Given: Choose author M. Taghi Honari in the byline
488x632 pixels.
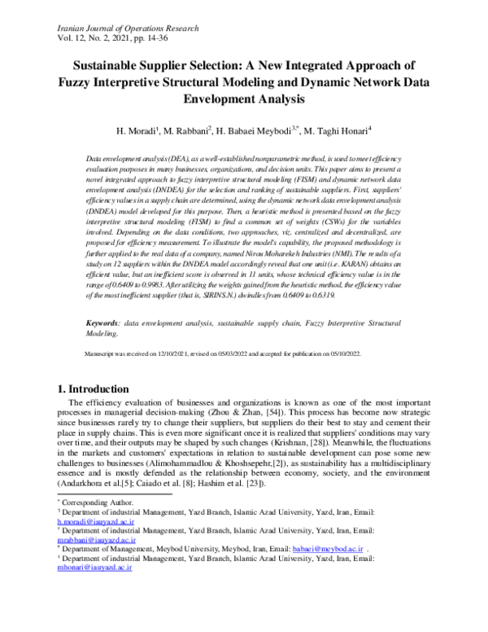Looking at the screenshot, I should coord(333,129).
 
